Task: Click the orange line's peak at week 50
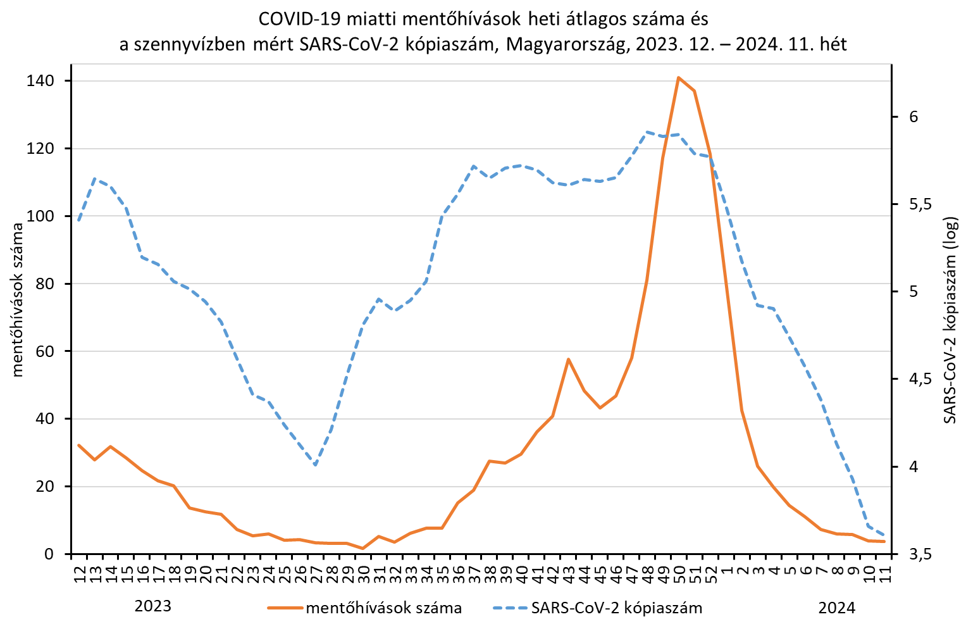[678, 78]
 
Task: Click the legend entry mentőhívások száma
[383, 608]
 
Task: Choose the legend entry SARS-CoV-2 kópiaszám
[617, 608]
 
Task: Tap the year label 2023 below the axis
[153, 606]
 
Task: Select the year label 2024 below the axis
[836, 608]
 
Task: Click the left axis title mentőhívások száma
[18, 301]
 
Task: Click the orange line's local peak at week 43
[568, 359]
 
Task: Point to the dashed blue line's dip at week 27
[315, 465]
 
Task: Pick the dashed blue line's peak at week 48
[647, 132]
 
